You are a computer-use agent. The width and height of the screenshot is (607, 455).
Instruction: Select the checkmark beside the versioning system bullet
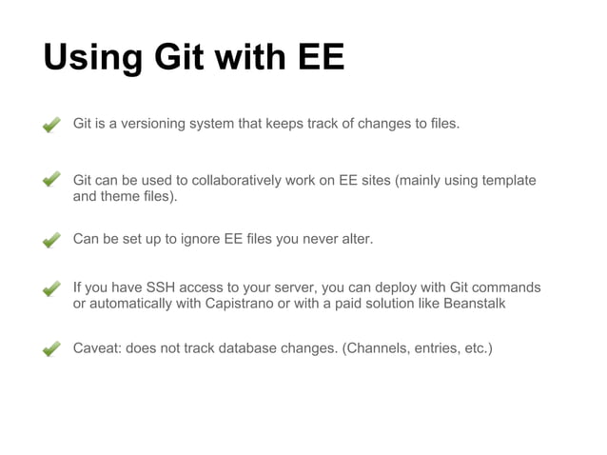point(53,124)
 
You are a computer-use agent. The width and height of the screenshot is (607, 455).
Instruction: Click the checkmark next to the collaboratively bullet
point(53,181)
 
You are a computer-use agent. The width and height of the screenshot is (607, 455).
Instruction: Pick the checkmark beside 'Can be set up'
point(53,240)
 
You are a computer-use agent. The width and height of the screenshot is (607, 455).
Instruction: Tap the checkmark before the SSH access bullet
point(53,288)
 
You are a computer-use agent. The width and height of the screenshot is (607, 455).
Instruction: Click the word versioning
point(158,124)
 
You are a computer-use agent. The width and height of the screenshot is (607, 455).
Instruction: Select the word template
point(508,181)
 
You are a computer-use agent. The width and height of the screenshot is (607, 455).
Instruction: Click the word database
point(242,348)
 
